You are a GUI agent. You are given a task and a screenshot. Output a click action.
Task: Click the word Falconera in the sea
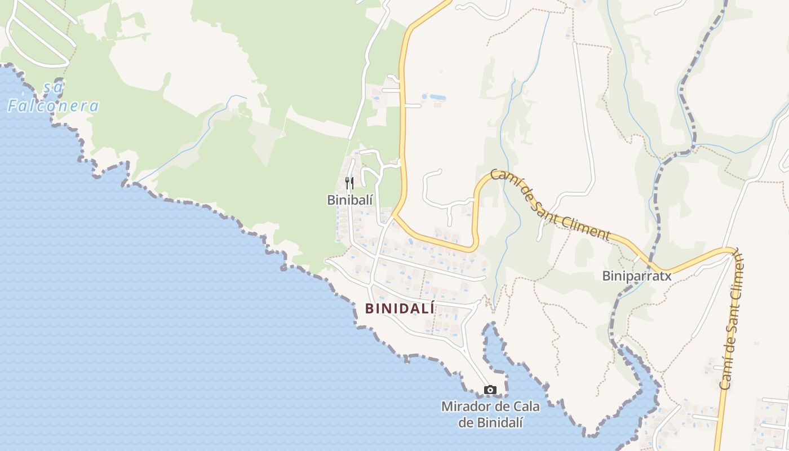[54, 105]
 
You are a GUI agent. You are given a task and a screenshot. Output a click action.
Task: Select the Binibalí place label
[350, 200]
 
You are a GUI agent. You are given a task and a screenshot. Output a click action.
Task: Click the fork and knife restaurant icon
[349, 183]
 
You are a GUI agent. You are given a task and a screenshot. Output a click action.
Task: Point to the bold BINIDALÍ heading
[400, 309]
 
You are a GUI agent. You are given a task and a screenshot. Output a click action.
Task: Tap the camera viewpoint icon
[490, 390]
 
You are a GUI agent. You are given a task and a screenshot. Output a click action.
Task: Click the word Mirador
[466, 406]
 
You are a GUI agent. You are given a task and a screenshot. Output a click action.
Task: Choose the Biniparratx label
[637, 276]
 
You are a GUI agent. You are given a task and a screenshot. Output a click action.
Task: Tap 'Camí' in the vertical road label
[727, 374]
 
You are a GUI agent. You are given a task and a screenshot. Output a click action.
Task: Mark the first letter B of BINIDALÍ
[369, 309]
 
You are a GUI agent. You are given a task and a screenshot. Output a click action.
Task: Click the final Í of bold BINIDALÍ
[432, 308]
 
